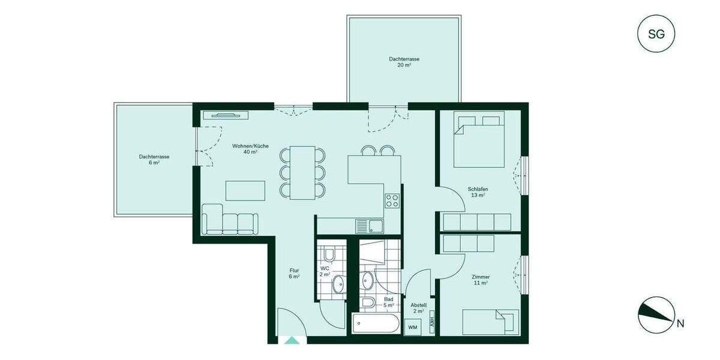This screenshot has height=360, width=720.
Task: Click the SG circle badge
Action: pyautogui.click(x=656, y=34)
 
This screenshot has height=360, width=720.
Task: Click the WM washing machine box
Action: pyautogui.click(x=412, y=328)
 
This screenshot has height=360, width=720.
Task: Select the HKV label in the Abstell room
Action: pyautogui.click(x=431, y=322)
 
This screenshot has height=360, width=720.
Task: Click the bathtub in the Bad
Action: pyautogui.click(x=375, y=325)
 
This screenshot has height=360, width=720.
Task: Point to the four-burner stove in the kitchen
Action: pyautogui.click(x=392, y=200)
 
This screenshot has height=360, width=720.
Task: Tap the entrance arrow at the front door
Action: pyautogui.click(x=292, y=340)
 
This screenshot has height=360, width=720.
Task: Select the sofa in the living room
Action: pyautogui.click(x=230, y=220)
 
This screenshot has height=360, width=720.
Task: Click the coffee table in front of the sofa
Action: pyautogui.click(x=244, y=190)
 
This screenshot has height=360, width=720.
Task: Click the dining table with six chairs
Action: pyautogui.click(x=302, y=172)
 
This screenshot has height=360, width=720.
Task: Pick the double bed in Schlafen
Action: pyautogui.click(x=479, y=139)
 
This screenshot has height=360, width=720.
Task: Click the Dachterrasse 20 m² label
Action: pyautogui.click(x=404, y=62)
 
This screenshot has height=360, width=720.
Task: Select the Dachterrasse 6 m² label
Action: pyautogui.click(x=154, y=160)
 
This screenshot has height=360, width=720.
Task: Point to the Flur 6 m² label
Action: pyautogui.click(x=293, y=274)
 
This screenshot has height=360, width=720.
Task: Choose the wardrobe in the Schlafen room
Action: pyautogui.click(x=476, y=222)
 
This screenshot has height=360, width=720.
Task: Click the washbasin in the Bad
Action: pyautogui.click(x=367, y=279)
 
